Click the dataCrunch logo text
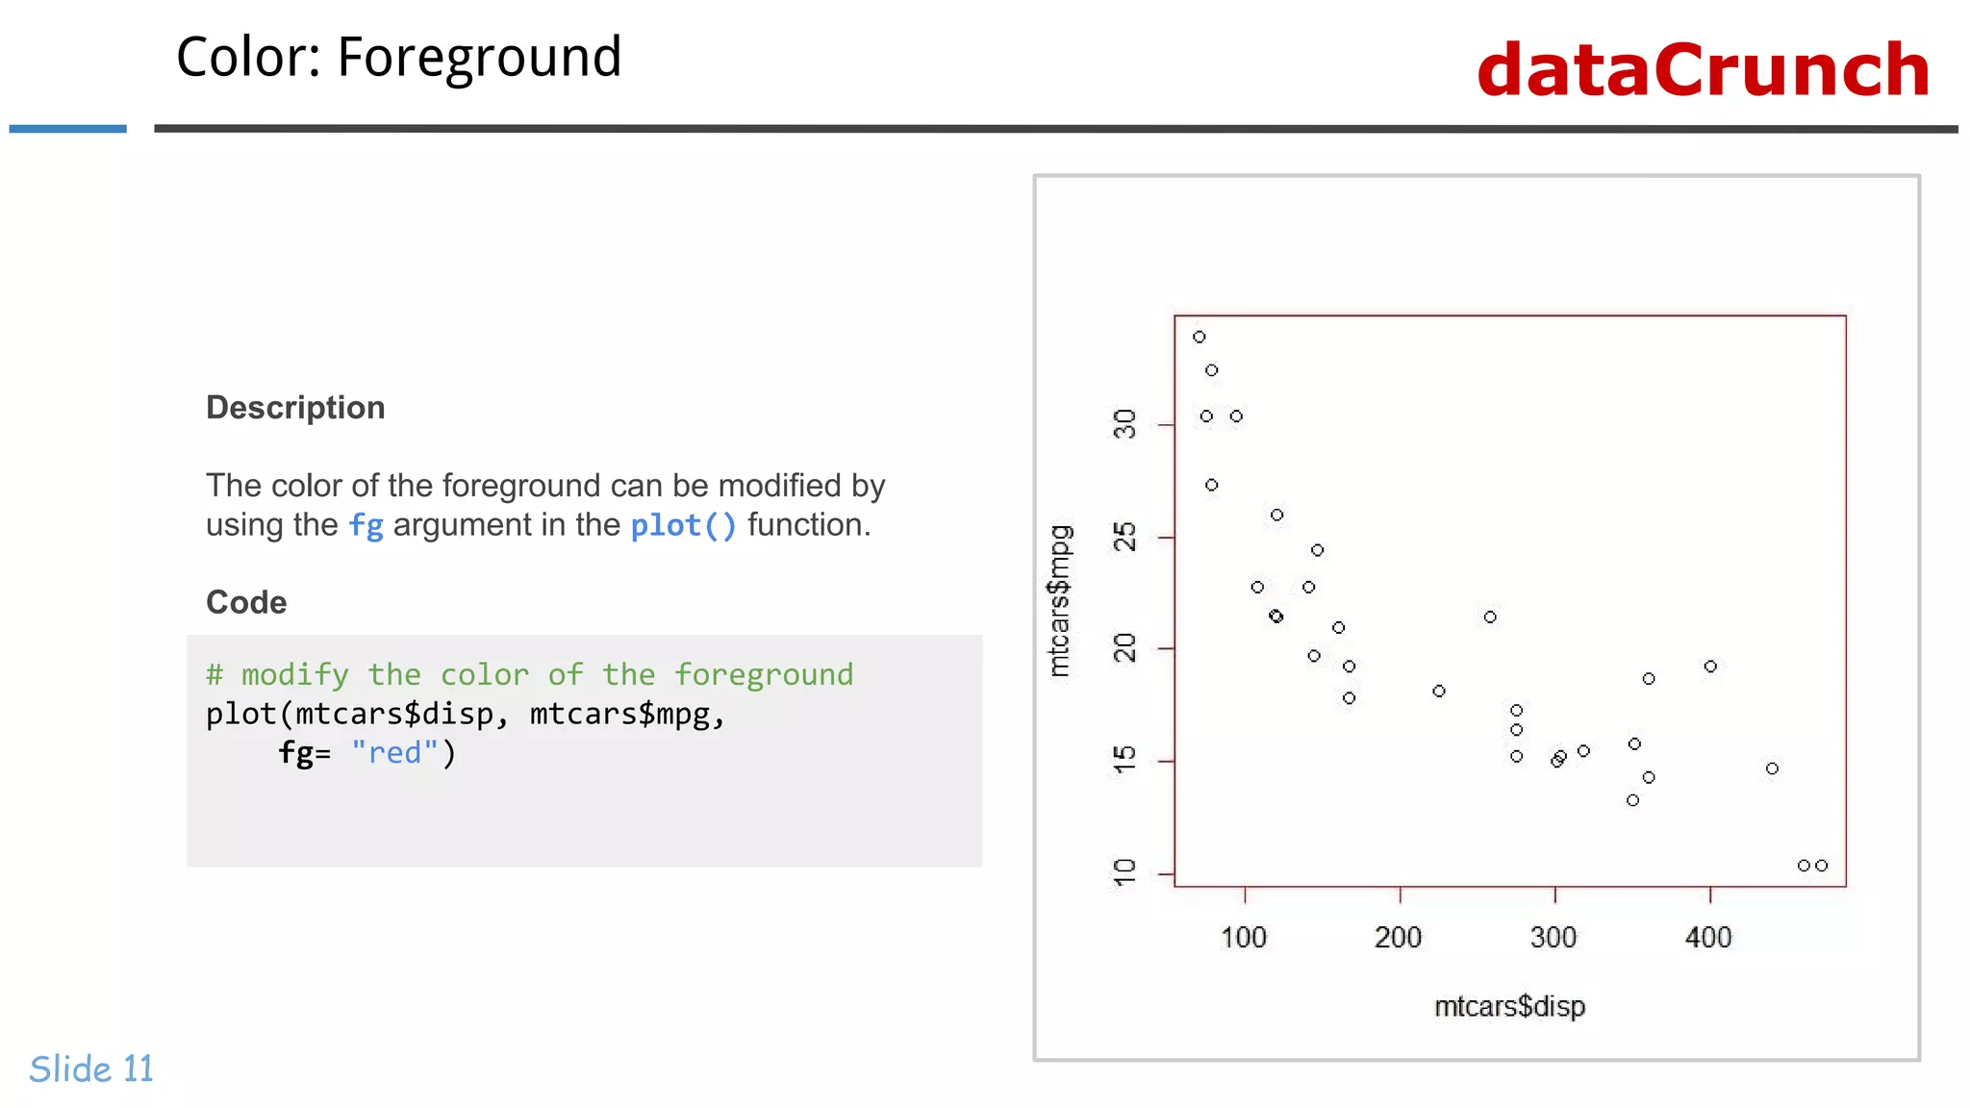point(1703,70)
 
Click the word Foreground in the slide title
point(479,58)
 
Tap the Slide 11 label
point(91,1069)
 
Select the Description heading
point(295,408)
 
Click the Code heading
point(246,602)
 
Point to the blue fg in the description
point(366,526)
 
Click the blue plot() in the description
point(683,526)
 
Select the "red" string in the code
point(394,752)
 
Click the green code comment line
point(529,674)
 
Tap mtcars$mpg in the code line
point(620,714)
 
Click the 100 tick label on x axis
point(1244,937)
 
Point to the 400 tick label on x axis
point(1708,937)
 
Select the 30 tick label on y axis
point(1124,424)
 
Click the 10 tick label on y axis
point(1124,873)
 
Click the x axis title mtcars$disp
point(1509,1006)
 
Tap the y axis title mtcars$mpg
point(1059,601)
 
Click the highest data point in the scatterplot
point(1200,337)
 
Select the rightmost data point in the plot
point(1822,866)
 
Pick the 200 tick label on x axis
point(1399,937)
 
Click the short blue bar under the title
point(67,128)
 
